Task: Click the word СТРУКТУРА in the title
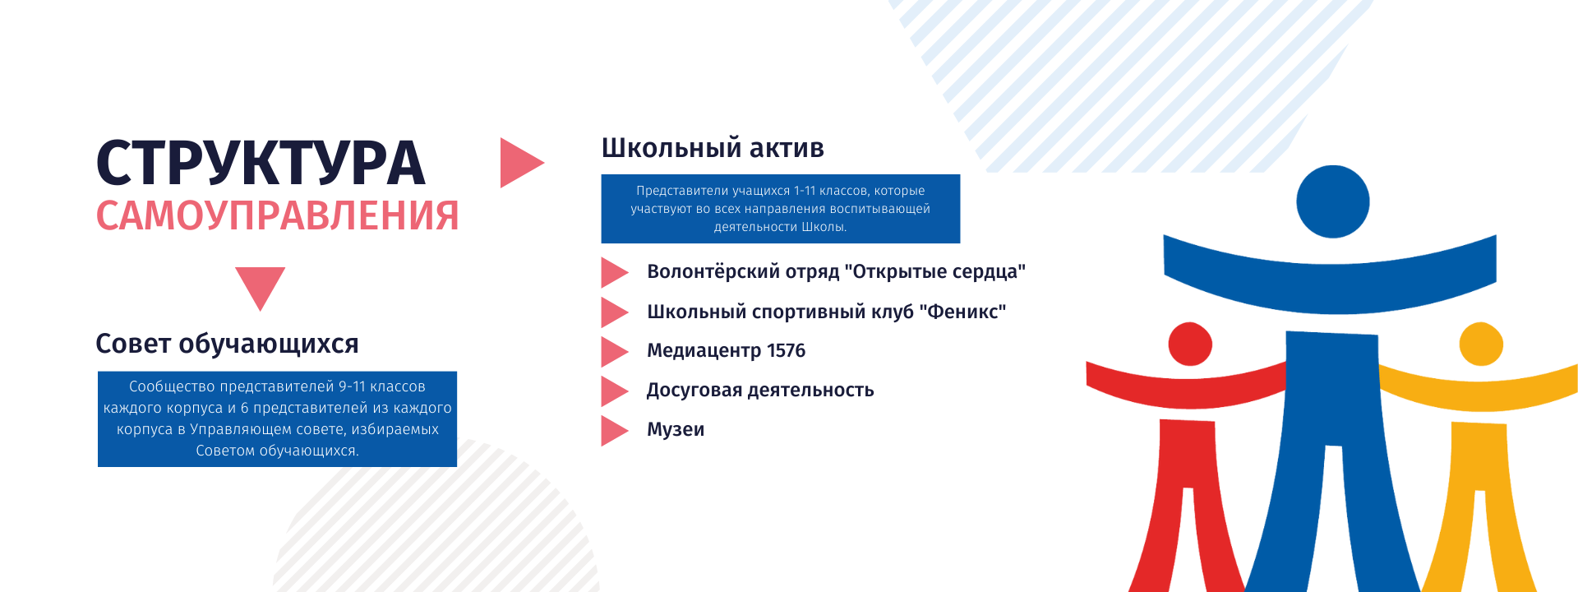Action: click(x=261, y=163)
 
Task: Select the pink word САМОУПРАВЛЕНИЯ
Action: click(x=277, y=216)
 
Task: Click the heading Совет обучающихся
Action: click(x=227, y=344)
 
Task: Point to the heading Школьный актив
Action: click(x=713, y=148)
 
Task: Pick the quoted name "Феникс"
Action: click(x=962, y=312)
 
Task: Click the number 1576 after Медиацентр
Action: click(x=786, y=351)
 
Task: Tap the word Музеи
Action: click(x=676, y=430)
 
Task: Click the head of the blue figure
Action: click(x=1332, y=201)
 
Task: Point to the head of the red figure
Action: click(x=1190, y=344)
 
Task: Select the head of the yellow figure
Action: click(x=1481, y=344)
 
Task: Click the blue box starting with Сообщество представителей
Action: click(x=277, y=419)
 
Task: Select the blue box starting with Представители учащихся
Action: click(x=781, y=209)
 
